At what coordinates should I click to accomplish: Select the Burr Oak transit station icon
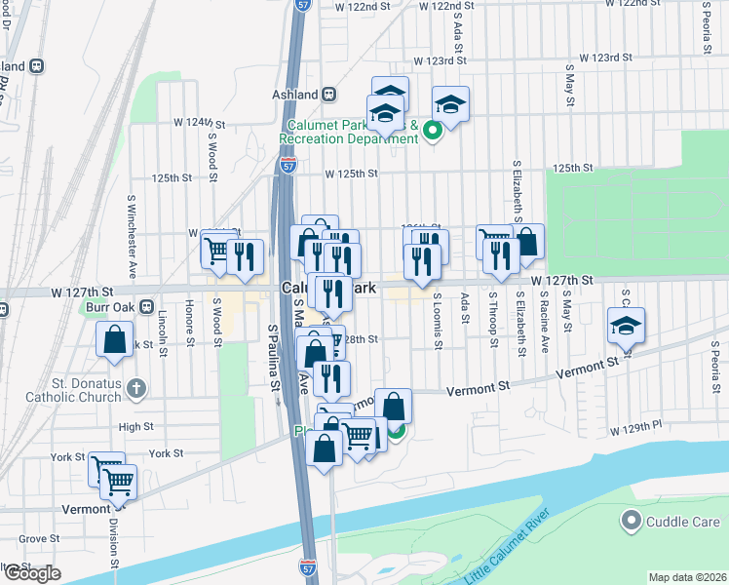point(146,306)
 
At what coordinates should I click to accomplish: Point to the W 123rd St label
point(434,60)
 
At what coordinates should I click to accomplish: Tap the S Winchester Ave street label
point(132,233)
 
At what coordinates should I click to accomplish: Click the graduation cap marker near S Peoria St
point(626,326)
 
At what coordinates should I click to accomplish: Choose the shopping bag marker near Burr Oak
point(115,339)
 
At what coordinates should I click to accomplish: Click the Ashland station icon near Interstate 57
point(329,95)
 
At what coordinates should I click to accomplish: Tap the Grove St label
point(39,538)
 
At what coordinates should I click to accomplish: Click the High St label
point(135,427)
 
